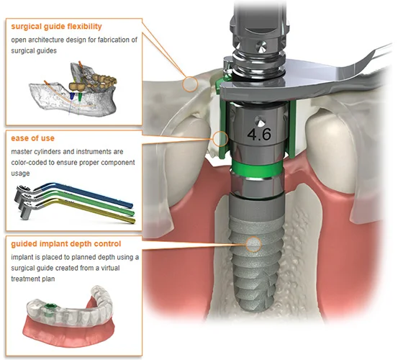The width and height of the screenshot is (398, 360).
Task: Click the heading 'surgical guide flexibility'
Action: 56,27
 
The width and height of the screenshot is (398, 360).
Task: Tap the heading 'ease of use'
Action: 32,138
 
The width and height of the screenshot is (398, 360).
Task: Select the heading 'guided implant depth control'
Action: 66,244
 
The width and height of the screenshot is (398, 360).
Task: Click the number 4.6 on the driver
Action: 259,134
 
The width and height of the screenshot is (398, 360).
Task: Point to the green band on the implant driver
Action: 257,168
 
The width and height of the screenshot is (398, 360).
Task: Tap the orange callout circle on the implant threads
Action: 253,244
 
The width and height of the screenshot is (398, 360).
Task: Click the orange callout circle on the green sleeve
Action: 220,139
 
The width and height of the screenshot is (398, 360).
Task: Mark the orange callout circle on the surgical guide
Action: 189,84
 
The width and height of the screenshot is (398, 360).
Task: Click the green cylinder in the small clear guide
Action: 48,308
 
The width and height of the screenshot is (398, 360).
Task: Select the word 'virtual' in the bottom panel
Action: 110,268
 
